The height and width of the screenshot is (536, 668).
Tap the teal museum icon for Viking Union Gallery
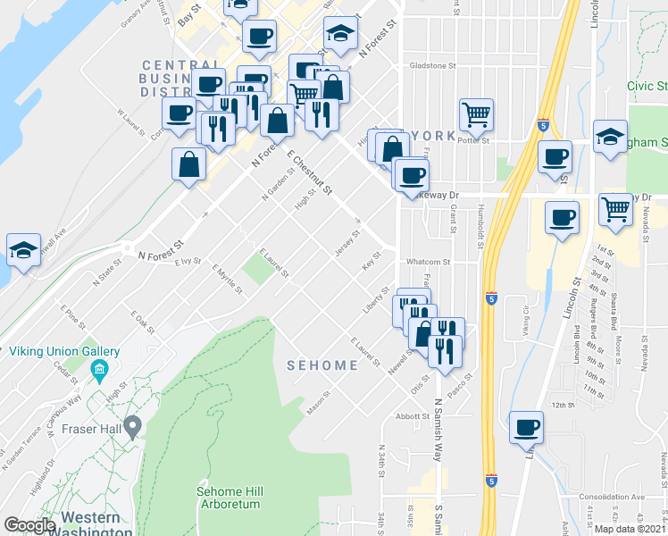pyautogui.click(x=100, y=369)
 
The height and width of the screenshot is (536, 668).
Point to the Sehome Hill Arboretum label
pyautogui.click(x=229, y=498)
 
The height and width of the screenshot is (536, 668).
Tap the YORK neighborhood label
pyautogui.click(x=434, y=135)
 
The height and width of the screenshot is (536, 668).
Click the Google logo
pyautogui.click(x=30, y=525)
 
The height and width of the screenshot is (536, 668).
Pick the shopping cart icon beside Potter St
pyautogui.click(x=476, y=113)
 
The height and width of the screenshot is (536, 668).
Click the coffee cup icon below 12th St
pyautogui.click(x=526, y=426)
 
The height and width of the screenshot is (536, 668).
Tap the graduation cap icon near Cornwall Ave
pyautogui.click(x=23, y=250)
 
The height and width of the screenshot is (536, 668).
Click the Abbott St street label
pyautogui.click(x=413, y=415)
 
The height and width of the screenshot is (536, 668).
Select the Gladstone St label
pyautogui.click(x=432, y=65)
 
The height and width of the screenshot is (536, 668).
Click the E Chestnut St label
pyautogui.click(x=310, y=172)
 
